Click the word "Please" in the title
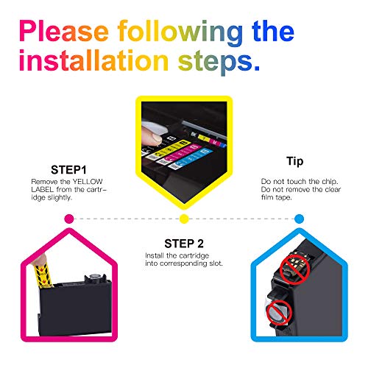[64, 31]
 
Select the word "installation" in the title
[93, 60]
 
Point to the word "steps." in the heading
[219, 62]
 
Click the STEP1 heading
[68, 170]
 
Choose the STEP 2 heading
[184, 244]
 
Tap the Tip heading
[294, 162]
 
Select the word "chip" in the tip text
[329, 182]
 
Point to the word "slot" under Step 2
[216, 263]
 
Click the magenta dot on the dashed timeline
[69, 219]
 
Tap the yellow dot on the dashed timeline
[184, 219]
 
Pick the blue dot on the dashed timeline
[299, 219]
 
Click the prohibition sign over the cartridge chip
[295, 269]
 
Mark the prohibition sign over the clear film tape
[279, 313]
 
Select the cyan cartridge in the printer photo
[191, 158]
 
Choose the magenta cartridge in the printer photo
[179, 153]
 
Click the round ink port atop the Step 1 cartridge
[93, 277]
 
